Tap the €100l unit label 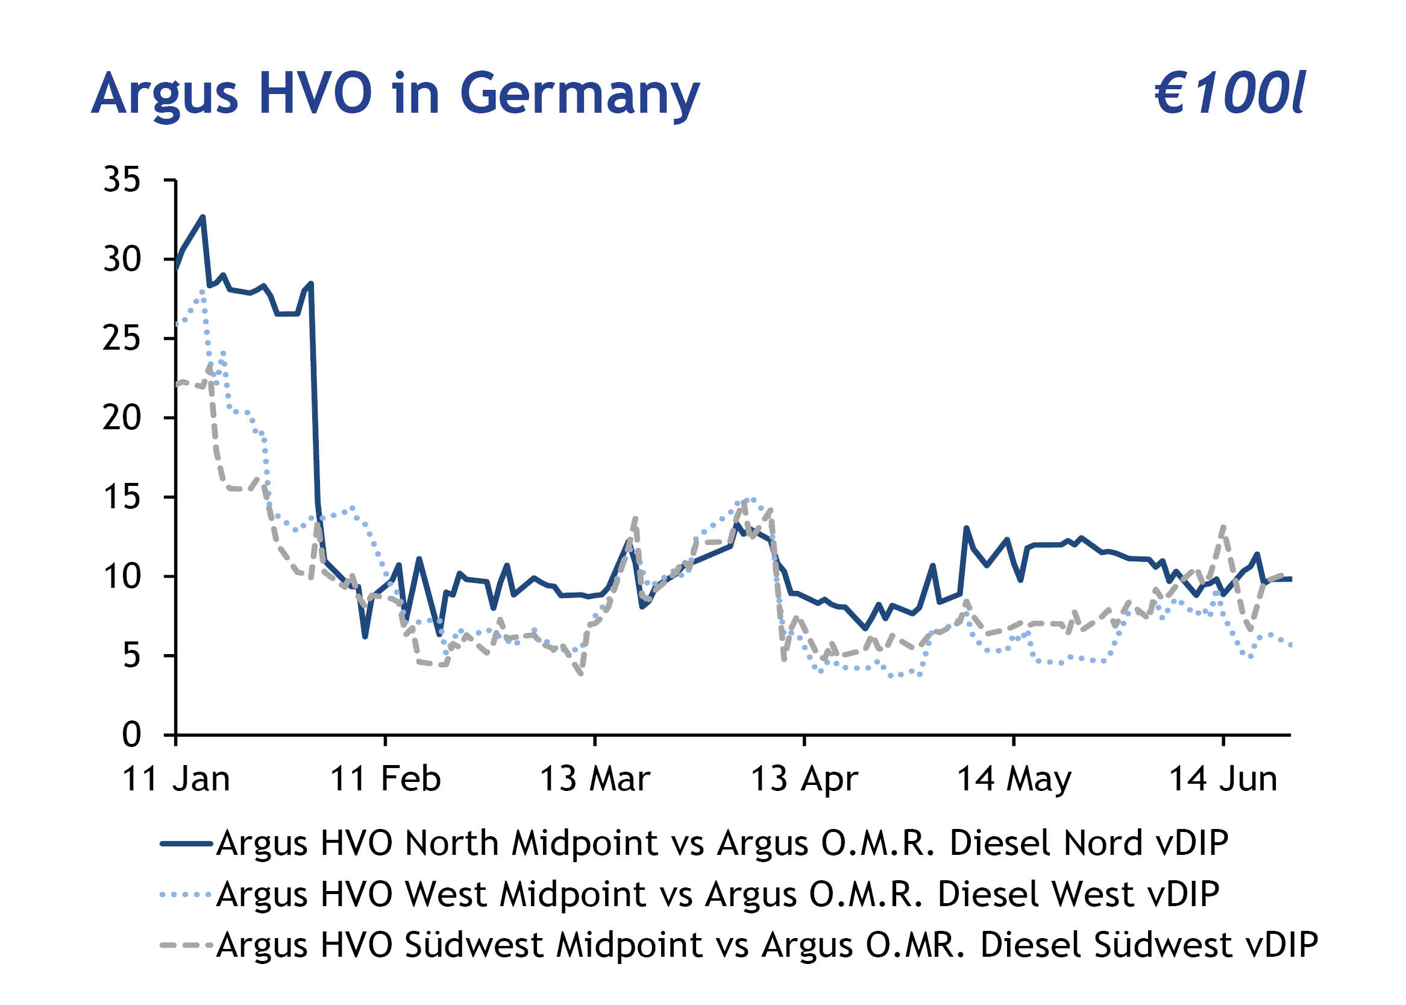[1229, 94]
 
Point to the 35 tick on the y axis [122, 180]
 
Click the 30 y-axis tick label [122, 259]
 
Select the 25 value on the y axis [122, 338]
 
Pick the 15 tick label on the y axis [122, 497]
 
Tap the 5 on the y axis [131, 655]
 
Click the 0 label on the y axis [131, 735]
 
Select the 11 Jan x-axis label [177, 779]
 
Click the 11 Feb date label [384, 779]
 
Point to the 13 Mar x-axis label [594, 779]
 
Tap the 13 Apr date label [803, 779]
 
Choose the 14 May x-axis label [1013, 779]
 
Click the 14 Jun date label [1222, 779]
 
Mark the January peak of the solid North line [202, 217]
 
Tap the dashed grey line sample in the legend [186, 945]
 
